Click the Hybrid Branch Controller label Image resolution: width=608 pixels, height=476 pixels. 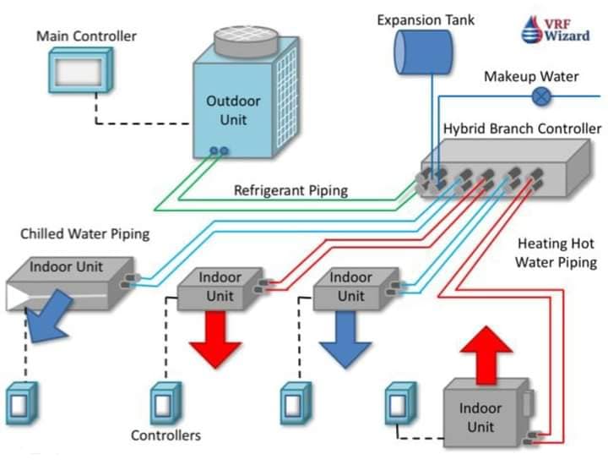[522, 129]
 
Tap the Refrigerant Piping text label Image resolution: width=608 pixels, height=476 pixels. [290, 190]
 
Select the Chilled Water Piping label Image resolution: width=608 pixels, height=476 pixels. [84, 233]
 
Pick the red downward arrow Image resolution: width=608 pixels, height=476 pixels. [215, 337]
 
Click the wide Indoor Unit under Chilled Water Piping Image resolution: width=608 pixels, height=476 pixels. [68, 279]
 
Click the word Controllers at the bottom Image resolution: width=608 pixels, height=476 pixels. [166, 435]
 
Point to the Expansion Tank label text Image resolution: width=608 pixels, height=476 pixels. [426, 19]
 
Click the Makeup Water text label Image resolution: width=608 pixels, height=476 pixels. [531, 76]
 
